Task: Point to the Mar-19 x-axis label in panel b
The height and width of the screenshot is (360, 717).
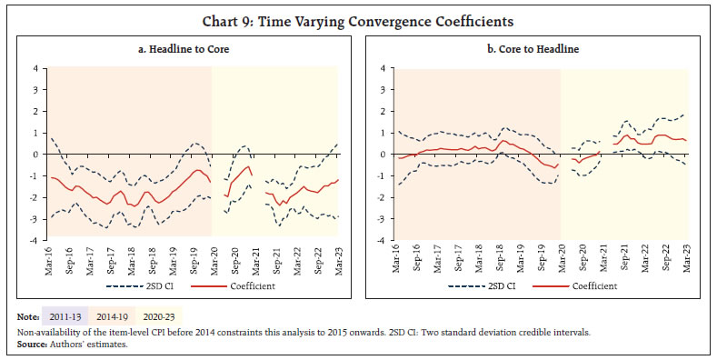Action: click(x=521, y=258)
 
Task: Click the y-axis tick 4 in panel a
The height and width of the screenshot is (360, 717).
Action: click(x=37, y=67)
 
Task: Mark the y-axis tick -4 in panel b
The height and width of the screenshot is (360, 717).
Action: click(x=384, y=241)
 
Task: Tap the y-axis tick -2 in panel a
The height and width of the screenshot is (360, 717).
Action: click(x=35, y=197)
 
